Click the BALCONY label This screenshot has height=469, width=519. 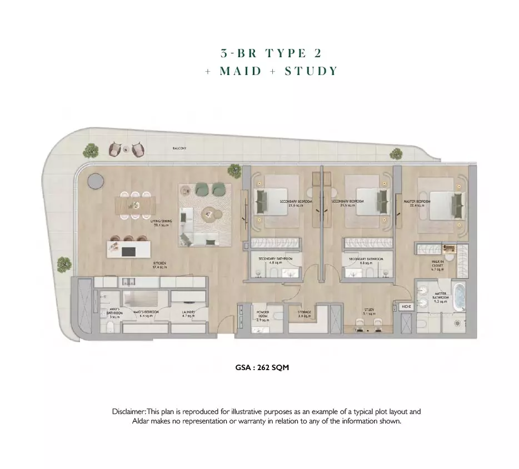179,148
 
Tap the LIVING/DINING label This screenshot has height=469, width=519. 162,223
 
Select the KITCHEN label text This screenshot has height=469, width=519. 159,265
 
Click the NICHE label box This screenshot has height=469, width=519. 406,306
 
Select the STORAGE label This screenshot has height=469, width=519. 304,314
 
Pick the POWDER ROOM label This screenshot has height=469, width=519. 263,315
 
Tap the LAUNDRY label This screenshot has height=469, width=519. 188,314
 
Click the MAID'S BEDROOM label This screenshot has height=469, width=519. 147,314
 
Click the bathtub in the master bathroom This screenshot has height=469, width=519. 459,298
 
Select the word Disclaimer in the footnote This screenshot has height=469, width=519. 129,412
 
